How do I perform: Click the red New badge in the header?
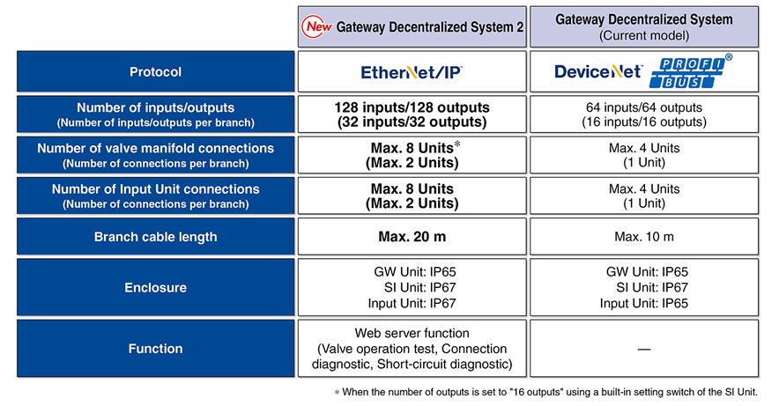point(316,26)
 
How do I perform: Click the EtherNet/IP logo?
point(412,72)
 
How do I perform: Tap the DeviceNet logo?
point(598,71)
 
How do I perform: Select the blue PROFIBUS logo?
point(690,72)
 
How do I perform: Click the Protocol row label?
point(155,72)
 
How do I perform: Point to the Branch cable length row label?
point(155,237)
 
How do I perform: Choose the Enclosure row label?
point(155,287)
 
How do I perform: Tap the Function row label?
point(155,349)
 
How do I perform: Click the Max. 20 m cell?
point(412,237)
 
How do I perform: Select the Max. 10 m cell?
point(644,237)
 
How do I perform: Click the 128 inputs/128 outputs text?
point(412,107)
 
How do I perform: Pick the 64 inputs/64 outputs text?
point(644,107)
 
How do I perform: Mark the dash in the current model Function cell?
point(644,350)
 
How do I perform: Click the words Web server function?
point(412,333)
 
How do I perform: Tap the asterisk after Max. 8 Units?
point(457,144)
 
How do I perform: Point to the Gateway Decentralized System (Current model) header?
point(644,26)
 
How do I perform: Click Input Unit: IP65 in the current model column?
point(644,303)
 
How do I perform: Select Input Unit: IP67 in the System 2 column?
point(412,303)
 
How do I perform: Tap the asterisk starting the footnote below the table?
point(337,393)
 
